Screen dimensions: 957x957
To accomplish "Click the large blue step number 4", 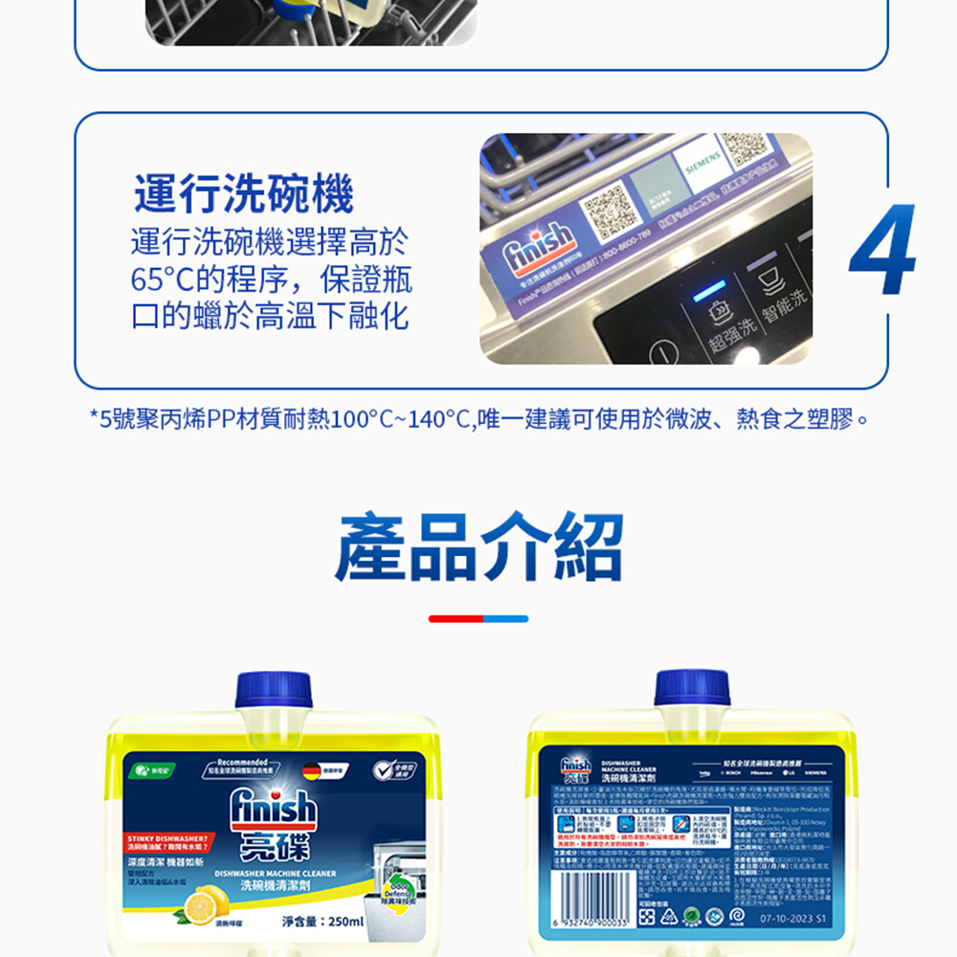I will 881,252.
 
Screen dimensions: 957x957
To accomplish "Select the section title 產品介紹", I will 478,546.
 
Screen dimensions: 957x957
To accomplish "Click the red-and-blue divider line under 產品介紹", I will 478,619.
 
